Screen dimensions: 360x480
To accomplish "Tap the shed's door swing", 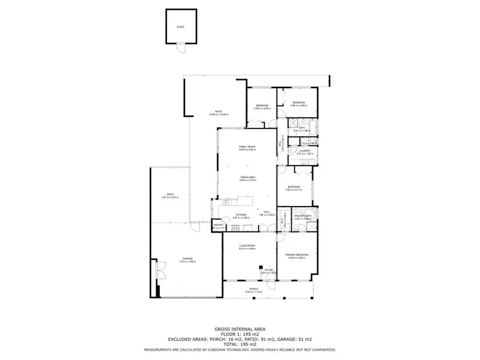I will tap(182, 48).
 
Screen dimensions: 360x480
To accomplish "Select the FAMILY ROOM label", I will tap(247, 147).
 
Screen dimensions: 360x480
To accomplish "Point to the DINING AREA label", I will tap(248, 178).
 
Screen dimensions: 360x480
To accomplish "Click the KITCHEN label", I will tap(241, 215).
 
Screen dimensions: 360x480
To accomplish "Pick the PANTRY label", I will tap(218, 225).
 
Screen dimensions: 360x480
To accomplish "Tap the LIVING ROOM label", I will tap(247, 246).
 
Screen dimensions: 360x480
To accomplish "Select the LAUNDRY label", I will tap(304, 151).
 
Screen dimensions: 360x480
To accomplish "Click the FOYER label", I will tap(269, 270).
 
